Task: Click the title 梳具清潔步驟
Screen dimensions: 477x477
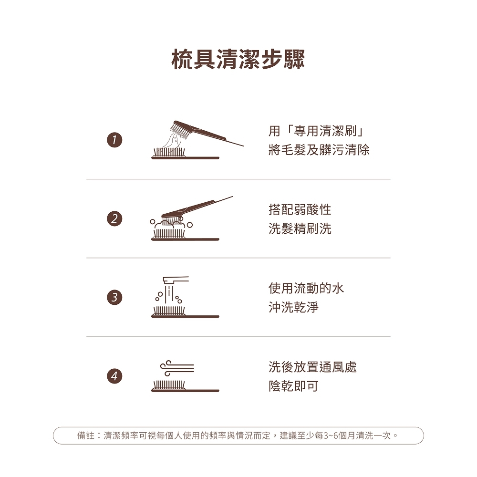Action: point(238,59)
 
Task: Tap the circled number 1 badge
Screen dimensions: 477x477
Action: point(114,140)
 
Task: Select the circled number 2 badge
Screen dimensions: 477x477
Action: point(114,219)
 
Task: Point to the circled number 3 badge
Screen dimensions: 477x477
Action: point(114,297)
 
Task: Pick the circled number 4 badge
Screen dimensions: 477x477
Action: point(114,376)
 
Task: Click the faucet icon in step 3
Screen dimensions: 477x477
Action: point(176,280)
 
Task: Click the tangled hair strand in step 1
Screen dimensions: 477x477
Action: point(172,142)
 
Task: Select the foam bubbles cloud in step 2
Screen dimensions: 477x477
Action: point(170,225)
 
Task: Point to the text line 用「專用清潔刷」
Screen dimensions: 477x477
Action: point(316,131)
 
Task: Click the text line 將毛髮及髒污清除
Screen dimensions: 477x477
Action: point(319,150)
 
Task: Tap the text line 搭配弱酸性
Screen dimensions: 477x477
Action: point(300,209)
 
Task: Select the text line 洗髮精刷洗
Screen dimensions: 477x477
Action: point(300,228)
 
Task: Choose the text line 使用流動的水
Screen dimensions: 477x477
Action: point(306,288)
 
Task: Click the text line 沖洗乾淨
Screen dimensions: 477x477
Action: point(293,307)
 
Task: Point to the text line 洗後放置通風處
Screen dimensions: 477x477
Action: point(312,367)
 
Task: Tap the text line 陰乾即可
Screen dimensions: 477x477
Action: point(293,386)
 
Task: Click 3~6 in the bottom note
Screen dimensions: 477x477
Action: point(331,436)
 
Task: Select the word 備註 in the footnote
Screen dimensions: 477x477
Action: point(86,436)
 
